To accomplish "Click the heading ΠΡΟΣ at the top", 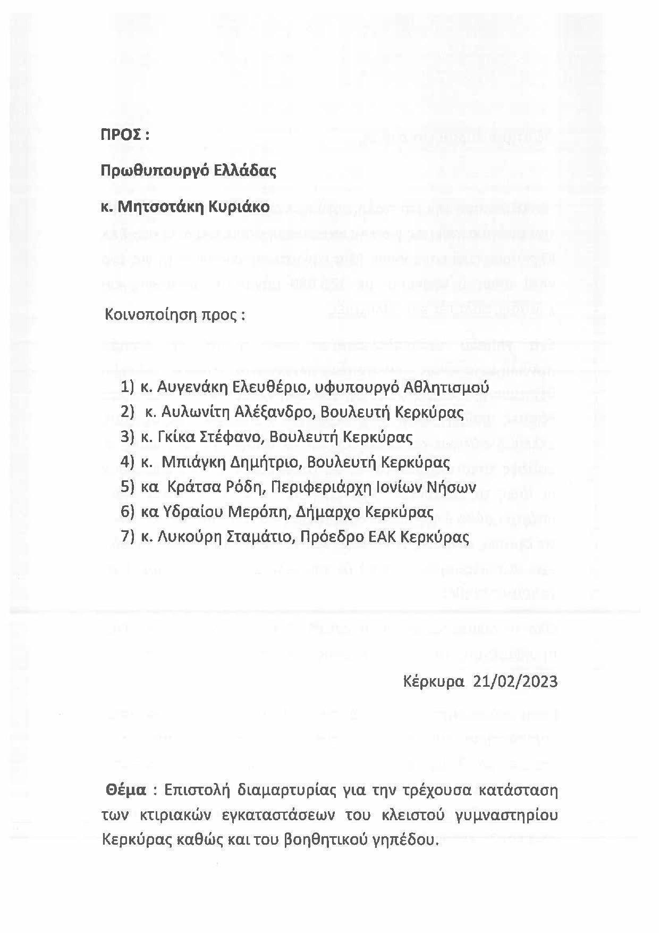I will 121,135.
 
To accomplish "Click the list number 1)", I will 128,387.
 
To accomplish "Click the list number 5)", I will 128,487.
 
